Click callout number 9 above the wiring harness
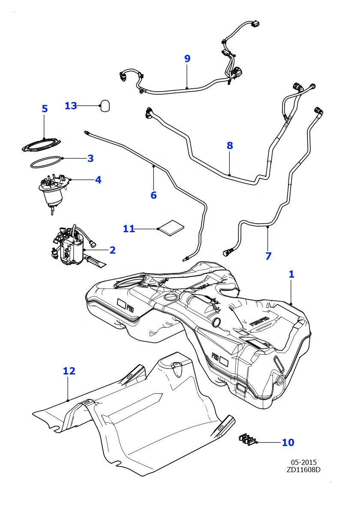pyautogui.click(x=187, y=59)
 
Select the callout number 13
pyautogui.click(x=71, y=106)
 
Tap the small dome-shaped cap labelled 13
pyautogui.click(x=105, y=106)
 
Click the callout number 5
pyautogui.click(x=45, y=109)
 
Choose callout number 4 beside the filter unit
pyautogui.click(x=98, y=180)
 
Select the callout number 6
pyautogui.click(x=153, y=195)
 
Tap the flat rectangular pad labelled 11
pyautogui.click(x=171, y=228)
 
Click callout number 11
pyautogui.click(x=129, y=229)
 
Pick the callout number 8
pyautogui.click(x=230, y=146)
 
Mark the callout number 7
pyautogui.click(x=268, y=256)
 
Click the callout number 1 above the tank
pyautogui.click(x=291, y=274)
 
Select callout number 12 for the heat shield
pyautogui.click(x=69, y=371)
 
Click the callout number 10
pyautogui.click(x=288, y=443)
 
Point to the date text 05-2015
pyautogui.click(x=303, y=462)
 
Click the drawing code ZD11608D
pyautogui.click(x=303, y=470)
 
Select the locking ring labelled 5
pyautogui.click(x=41, y=145)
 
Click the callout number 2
pyautogui.click(x=112, y=250)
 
